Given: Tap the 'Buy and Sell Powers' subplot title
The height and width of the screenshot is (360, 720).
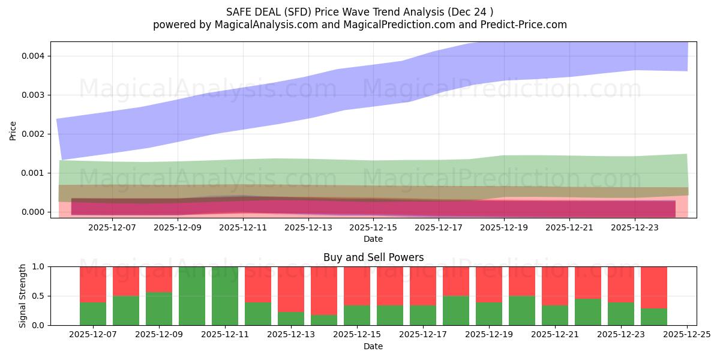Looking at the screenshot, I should point(373,257).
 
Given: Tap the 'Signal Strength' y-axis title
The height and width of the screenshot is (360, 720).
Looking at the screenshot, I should point(22,295).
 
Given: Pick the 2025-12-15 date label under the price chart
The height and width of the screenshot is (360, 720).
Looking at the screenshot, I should point(373,228).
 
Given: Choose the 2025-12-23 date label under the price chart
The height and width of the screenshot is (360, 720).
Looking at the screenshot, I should point(635,228).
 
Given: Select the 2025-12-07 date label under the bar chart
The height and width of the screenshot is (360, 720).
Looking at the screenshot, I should point(93,335).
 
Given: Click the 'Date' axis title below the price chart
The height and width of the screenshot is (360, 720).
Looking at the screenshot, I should point(373,239).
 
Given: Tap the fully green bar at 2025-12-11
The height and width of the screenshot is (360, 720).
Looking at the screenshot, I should point(225,296).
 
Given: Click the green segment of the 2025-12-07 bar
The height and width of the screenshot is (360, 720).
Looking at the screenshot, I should point(93,314).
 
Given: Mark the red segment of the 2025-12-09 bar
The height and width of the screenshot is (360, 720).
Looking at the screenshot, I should point(159,279).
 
